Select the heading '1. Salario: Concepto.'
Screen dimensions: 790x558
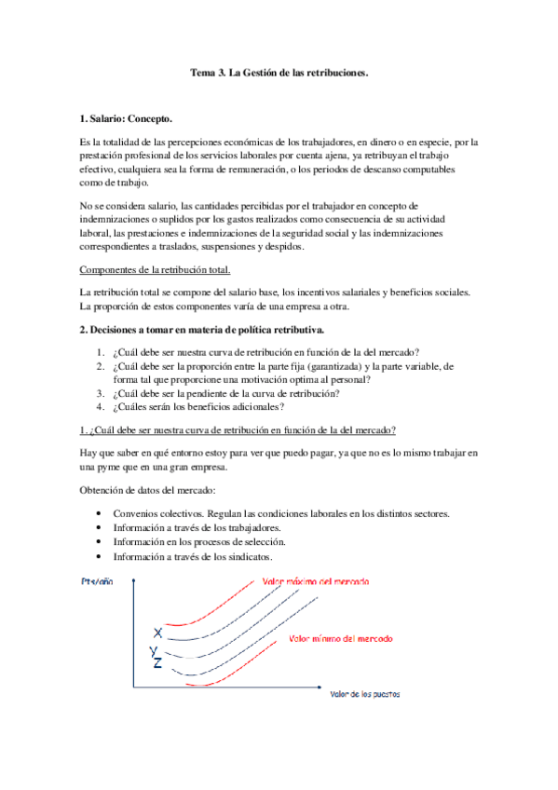127,119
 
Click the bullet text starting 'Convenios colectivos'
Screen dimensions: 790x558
282,514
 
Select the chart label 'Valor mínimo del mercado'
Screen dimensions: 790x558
340,639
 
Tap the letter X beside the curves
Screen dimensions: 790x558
157,633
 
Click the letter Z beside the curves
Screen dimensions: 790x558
157,663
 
